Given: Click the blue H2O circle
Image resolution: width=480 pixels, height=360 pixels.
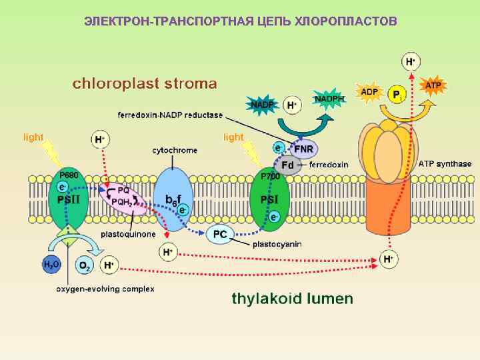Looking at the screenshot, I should click(x=51, y=265).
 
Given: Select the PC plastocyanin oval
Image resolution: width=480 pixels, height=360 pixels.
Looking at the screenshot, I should click(x=220, y=233).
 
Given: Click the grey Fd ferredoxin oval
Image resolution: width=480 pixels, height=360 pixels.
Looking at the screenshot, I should click(x=288, y=165).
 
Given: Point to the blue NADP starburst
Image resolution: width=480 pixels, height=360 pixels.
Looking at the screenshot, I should click(x=261, y=104).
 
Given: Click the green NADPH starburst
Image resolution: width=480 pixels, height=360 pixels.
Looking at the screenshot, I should click(x=329, y=99).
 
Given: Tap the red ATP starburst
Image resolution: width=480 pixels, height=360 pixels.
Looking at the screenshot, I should click(x=433, y=85).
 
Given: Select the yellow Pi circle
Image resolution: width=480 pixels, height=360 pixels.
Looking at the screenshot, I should click(x=397, y=95).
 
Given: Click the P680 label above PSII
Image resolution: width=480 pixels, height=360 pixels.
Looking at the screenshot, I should click(x=69, y=175).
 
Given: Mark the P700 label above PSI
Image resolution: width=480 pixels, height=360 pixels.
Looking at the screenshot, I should click(x=270, y=176).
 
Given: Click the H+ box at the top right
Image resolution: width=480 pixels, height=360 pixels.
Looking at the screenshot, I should click(x=411, y=62).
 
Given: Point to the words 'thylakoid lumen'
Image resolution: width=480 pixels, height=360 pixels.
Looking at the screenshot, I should click(x=292, y=298).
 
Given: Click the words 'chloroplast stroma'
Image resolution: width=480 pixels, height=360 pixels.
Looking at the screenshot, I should click(x=145, y=84).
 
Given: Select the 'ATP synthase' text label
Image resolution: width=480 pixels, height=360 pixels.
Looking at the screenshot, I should click(x=445, y=163).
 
